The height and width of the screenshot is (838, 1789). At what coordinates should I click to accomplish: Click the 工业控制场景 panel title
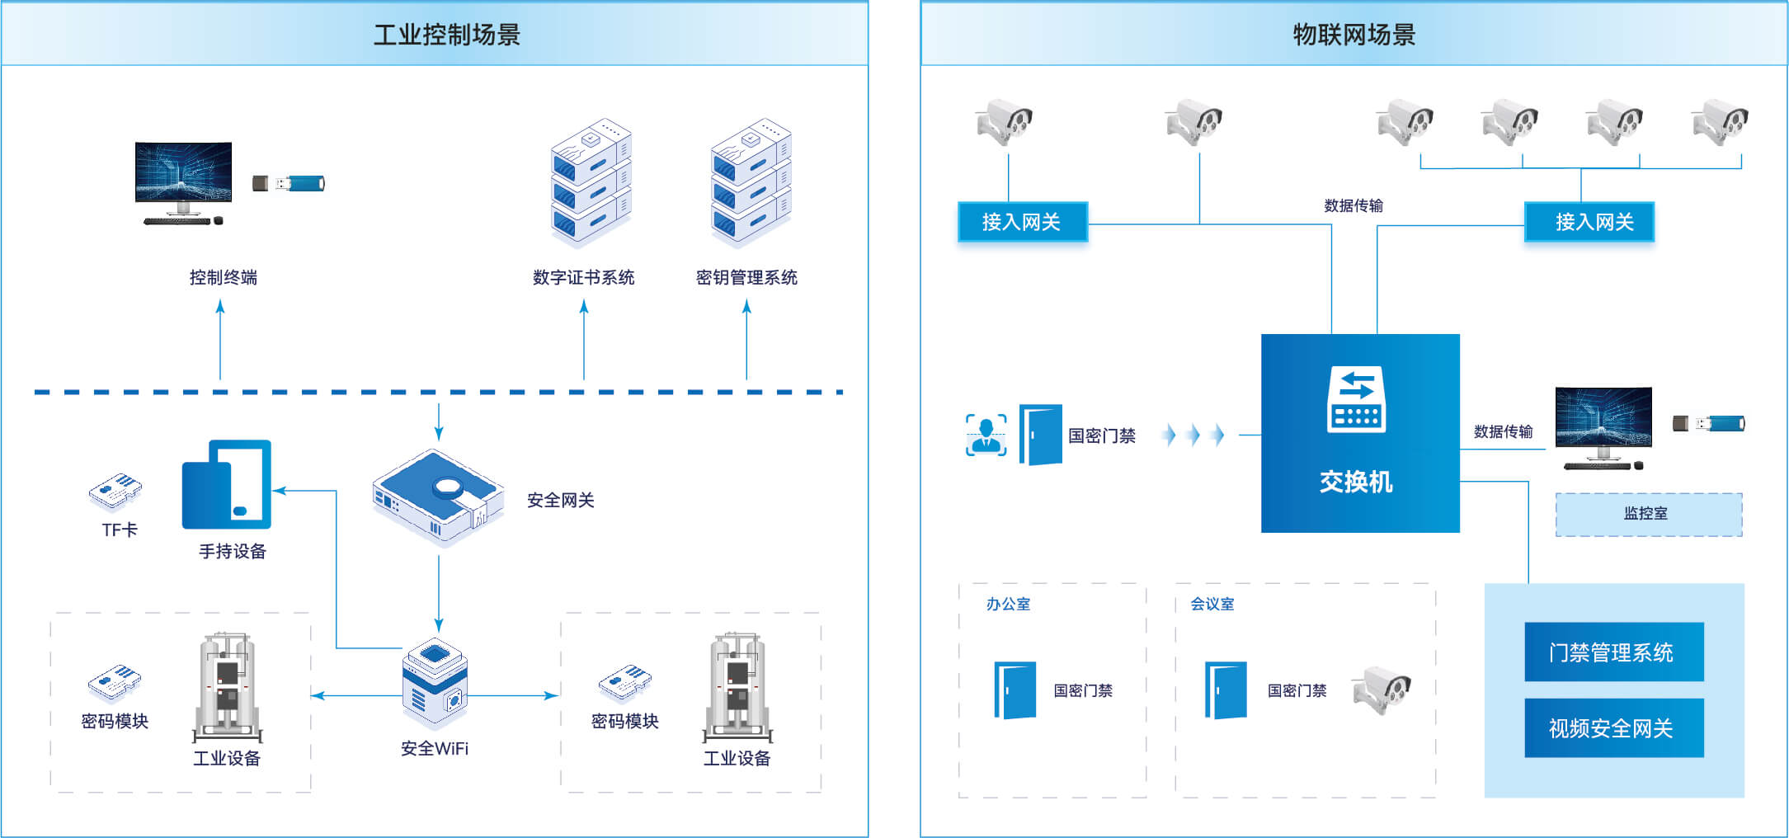pos(446,35)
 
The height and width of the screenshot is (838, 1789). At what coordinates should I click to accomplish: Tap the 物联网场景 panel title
pos(1354,35)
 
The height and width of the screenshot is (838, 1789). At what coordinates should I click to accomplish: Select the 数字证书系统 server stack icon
pos(591,183)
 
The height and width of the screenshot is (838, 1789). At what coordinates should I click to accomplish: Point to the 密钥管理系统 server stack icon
pos(751,183)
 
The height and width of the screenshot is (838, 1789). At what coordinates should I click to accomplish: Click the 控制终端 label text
pos(223,278)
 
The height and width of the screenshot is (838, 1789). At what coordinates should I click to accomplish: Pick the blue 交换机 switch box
pos(1360,433)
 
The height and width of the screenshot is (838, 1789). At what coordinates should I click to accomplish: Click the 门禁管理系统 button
pos(1613,652)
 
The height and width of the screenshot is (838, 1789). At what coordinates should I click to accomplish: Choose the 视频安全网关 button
pos(1613,727)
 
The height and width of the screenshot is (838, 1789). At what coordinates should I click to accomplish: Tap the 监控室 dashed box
pos(1648,514)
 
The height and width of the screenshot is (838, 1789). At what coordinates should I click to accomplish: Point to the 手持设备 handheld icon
pos(227,484)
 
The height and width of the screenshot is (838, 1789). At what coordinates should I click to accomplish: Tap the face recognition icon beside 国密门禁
pos(986,435)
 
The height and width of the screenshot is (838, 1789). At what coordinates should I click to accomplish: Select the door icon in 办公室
pos(1015,690)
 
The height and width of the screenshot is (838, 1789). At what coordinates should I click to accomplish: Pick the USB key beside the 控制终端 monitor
pos(290,183)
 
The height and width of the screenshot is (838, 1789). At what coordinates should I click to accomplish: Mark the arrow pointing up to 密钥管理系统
pos(746,339)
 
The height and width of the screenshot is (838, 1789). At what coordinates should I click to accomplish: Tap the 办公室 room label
pos(1008,604)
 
